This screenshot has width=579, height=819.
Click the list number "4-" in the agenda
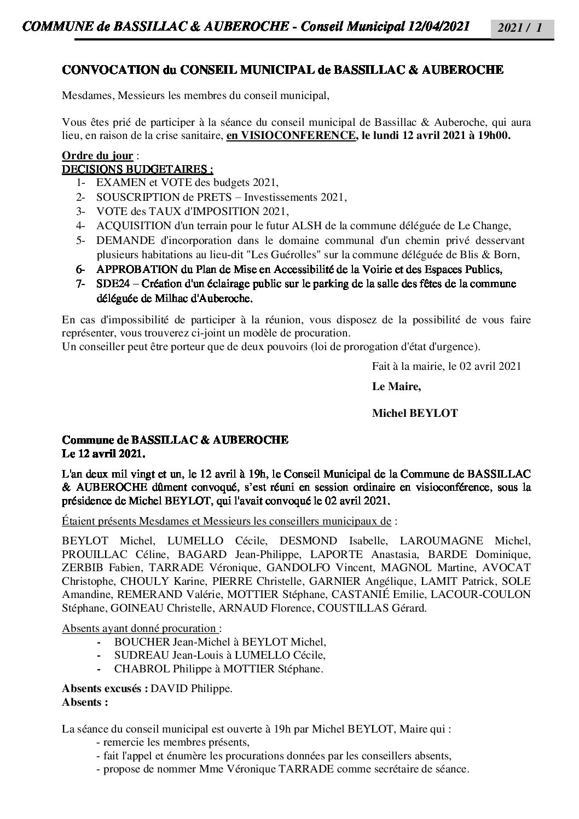(81, 225)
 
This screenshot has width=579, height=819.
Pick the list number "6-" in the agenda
(81, 269)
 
